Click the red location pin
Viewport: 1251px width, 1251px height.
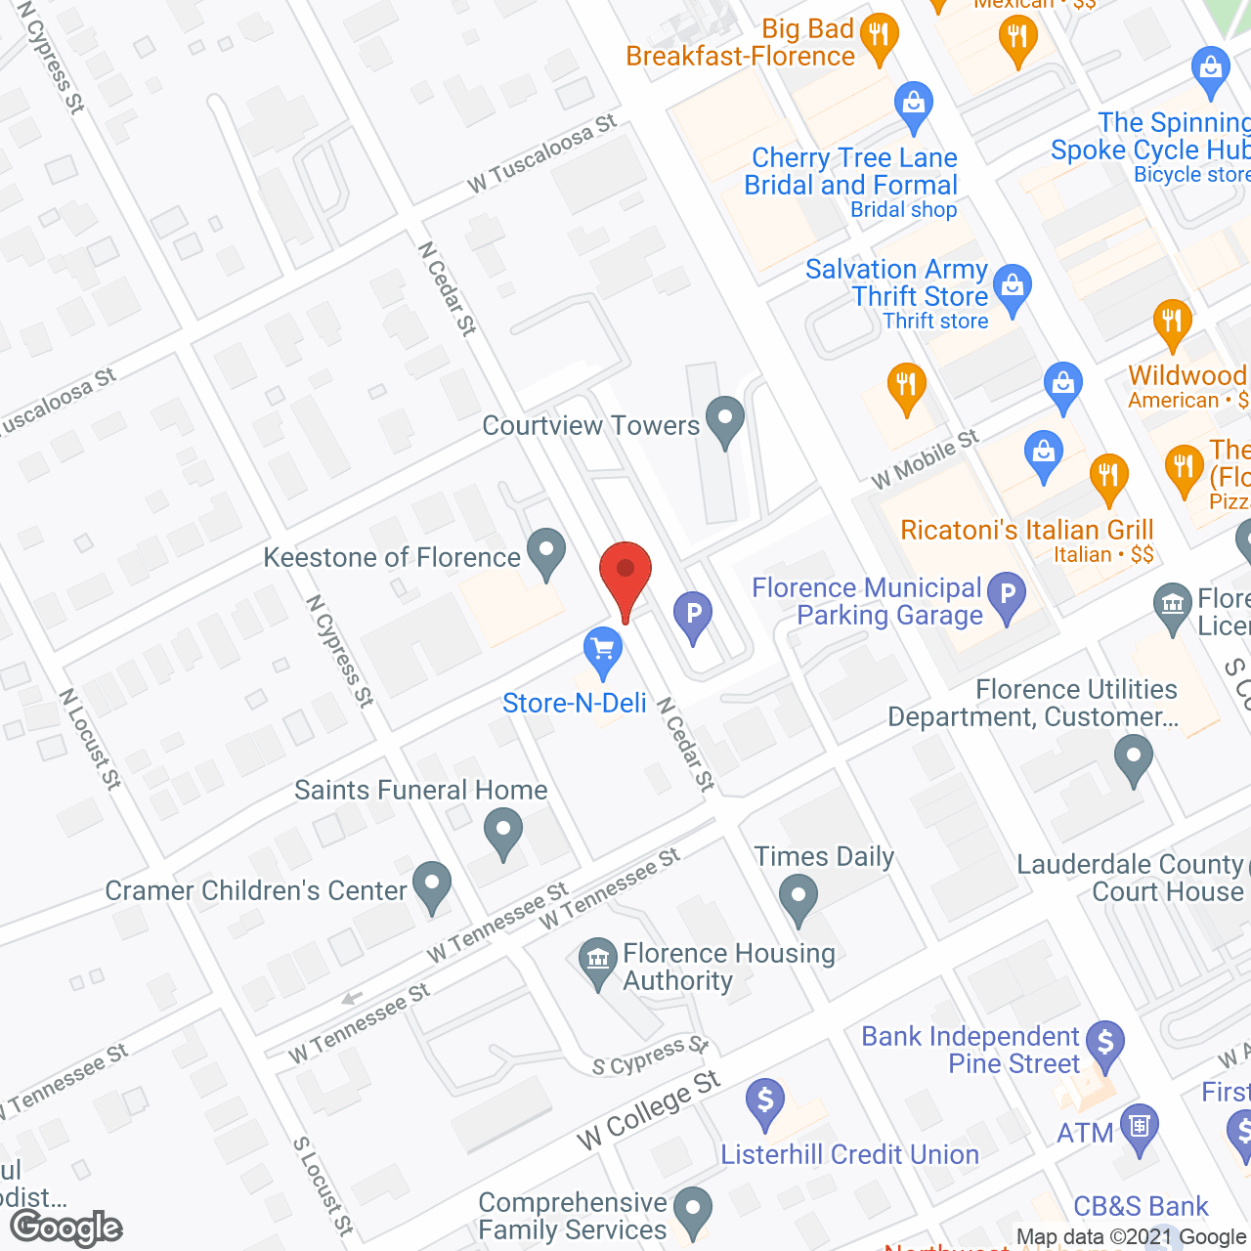pyautogui.click(x=625, y=575)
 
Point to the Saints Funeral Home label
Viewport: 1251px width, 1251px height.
pyautogui.click(x=421, y=790)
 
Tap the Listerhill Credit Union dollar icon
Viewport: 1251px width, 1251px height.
pyautogui.click(x=765, y=1100)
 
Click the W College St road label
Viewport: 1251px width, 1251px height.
pyautogui.click(x=649, y=1110)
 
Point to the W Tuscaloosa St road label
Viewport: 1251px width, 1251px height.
pyautogui.click(x=541, y=153)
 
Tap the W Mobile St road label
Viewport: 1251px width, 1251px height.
pyautogui.click(x=925, y=458)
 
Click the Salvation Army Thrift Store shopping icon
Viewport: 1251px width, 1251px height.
pyautogui.click(x=1013, y=287)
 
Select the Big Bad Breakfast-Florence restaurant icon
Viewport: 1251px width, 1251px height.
pyautogui.click(x=879, y=37)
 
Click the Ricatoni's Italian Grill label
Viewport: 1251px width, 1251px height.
pyautogui.click(x=1027, y=531)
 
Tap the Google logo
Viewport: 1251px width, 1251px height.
pyautogui.click(x=66, y=1228)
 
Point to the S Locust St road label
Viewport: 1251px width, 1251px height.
pyautogui.click(x=324, y=1186)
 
